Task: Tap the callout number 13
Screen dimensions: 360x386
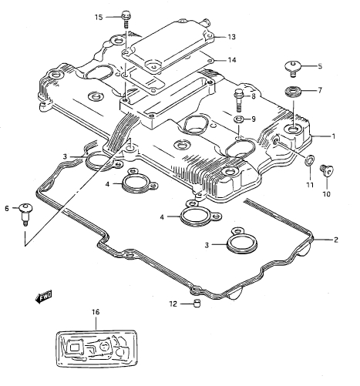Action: coord(231,37)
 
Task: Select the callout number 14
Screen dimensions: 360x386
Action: coord(232,60)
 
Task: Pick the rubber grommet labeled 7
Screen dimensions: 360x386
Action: coord(293,92)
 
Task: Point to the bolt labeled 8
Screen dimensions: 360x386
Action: coord(239,100)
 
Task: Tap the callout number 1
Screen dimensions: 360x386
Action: coord(334,136)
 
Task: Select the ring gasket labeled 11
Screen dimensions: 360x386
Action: coord(309,160)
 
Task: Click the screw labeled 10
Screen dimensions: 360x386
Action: coord(326,170)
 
